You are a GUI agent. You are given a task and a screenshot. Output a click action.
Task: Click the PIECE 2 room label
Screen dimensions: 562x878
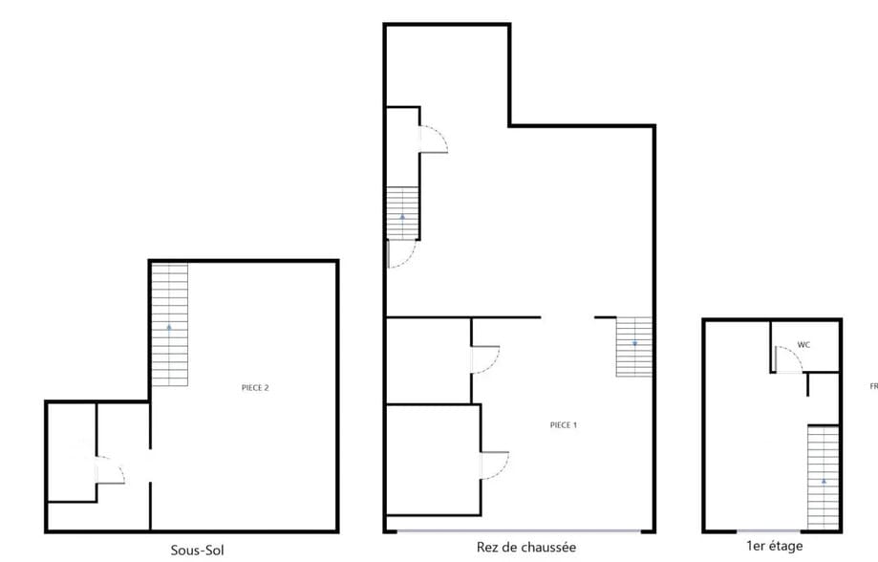tap(255, 387)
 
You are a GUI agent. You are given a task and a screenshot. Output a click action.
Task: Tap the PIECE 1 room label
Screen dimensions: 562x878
tap(564, 424)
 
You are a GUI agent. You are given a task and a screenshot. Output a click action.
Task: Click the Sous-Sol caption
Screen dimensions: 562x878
tap(198, 550)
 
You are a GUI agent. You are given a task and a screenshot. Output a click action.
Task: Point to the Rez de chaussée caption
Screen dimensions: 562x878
tap(525, 547)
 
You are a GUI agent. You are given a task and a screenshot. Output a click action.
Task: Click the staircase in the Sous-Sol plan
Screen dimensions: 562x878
tap(170, 324)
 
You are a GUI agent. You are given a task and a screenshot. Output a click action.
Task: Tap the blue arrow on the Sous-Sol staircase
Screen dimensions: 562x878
tap(170, 327)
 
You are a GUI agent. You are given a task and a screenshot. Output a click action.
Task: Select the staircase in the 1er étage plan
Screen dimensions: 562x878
tap(823, 477)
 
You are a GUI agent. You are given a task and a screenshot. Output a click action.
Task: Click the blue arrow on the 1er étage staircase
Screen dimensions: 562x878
tap(824, 481)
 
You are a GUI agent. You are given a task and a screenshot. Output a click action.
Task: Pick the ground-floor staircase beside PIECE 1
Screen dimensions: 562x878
tap(633, 346)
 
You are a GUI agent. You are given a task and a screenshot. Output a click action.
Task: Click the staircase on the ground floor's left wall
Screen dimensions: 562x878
tap(402, 213)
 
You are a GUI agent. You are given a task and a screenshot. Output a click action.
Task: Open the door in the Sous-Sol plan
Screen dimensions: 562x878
tap(111, 471)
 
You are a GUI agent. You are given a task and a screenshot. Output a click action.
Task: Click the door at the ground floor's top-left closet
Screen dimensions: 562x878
tap(434, 140)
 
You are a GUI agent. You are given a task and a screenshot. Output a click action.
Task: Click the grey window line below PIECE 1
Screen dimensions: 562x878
tap(521, 531)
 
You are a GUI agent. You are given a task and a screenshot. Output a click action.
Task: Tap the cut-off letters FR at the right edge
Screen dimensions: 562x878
tap(872, 387)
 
